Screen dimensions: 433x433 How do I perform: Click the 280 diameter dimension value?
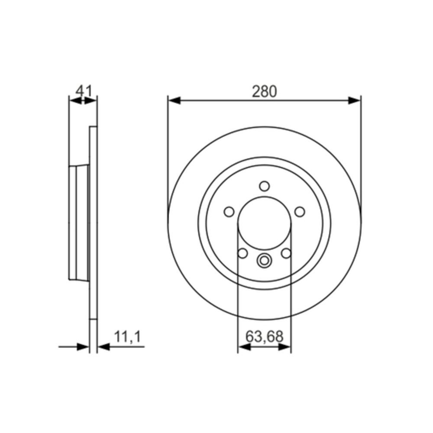click(264, 91)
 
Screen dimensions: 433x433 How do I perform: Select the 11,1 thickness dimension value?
click(128, 337)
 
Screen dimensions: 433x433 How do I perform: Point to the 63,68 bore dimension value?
click(265, 336)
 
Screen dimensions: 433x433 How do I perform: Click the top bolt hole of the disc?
click(264, 186)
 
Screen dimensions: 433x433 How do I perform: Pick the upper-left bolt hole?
click(229, 212)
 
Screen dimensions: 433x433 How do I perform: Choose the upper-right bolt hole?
click(300, 212)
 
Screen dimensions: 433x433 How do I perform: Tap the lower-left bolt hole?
click(242, 253)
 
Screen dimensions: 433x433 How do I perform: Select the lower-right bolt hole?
click(286, 253)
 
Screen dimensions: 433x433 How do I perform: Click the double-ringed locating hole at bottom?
click(264, 260)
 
